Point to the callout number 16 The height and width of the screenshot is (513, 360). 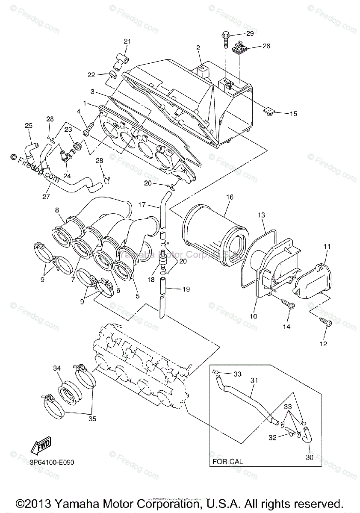coord(230,197)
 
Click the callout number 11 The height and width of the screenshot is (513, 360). coord(327,247)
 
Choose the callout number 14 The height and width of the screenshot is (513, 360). coord(286,327)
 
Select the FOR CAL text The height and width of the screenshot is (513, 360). coord(227,462)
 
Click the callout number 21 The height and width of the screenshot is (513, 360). coord(127,41)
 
